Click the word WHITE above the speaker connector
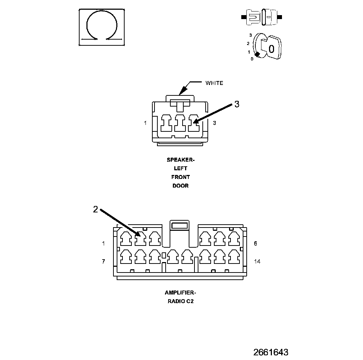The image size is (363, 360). coord(214,83)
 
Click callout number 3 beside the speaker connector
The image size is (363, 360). coord(237,104)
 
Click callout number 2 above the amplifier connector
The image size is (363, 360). coord(95,210)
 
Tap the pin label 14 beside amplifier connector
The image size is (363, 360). coord(257,261)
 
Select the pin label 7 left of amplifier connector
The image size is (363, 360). coord(103,261)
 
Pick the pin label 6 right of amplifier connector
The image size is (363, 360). coord(255,243)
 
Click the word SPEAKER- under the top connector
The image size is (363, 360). coord(178,159)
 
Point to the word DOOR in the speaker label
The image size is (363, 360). coord(180,186)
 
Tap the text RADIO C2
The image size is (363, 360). coord(180,302)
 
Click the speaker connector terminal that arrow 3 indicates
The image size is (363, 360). coord(193,124)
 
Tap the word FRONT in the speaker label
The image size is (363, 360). coord(180,177)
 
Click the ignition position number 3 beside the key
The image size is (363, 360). coord(250,35)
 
